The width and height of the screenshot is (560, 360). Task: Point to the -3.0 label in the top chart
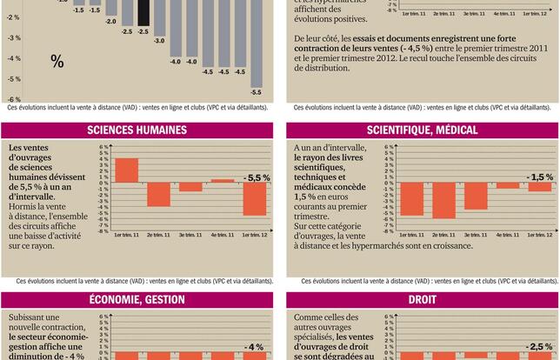[x=159, y=40]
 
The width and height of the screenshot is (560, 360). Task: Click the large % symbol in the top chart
[x=57, y=62]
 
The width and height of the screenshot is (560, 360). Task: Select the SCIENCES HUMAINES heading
[x=137, y=130]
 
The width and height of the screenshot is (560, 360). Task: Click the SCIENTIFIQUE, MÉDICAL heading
[x=422, y=130]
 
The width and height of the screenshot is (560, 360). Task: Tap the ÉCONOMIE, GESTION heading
[x=137, y=300]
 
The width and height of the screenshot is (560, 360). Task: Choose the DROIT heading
[x=422, y=300]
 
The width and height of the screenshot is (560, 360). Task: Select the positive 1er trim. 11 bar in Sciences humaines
[x=126, y=170]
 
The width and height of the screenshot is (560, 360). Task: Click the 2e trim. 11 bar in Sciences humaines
[x=158, y=195]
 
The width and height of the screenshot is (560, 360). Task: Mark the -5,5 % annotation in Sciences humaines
[x=257, y=177]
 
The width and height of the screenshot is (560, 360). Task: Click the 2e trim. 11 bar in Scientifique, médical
[x=443, y=201]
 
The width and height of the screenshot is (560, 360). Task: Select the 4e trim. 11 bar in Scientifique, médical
[x=508, y=186]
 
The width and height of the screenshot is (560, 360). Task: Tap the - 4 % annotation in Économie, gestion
[x=254, y=347]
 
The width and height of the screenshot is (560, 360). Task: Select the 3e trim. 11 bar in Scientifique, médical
[x=476, y=197]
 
